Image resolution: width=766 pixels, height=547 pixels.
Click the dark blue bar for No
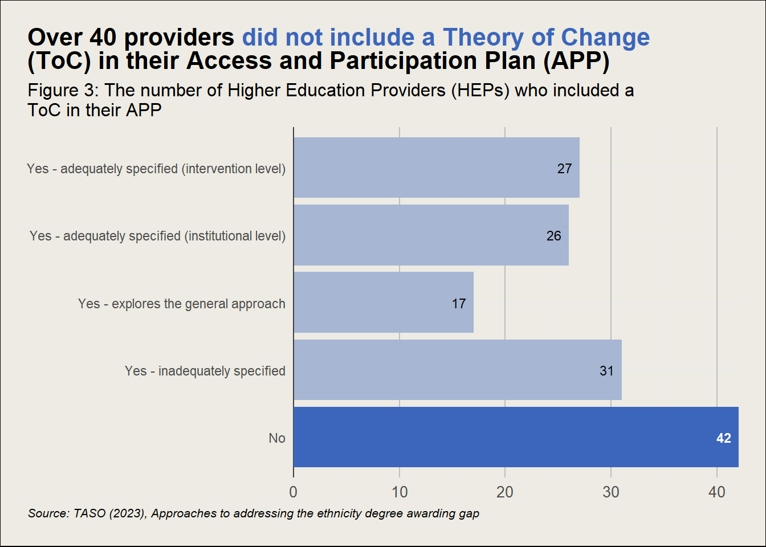pyautogui.click(x=516, y=437)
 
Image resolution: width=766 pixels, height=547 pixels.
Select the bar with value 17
pyautogui.click(x=383, y=303)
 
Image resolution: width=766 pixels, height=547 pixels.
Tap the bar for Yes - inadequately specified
pyautogui.click(x=457, y=370)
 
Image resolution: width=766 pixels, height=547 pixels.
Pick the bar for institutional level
pyautogui.click(x=431, y=235)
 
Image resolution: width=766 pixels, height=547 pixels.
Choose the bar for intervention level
pyautogui.click(x=436, y=168)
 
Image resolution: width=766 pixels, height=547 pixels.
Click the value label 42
pyautogui.click(x=723, y=438)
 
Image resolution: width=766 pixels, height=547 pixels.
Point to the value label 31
pyautogui.click(x=606, y=371)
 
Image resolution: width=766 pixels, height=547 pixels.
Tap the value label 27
pyautogui.click(x=564, y=169)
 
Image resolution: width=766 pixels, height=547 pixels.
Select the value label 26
pyautogui.click(x=553, y=236)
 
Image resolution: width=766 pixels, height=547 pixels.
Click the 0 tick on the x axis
pyautogui.click(x=294, y=492)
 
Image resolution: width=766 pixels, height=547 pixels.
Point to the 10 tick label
pyautogui.click(x=400, y=492)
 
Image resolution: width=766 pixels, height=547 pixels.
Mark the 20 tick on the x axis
pyautogui.click(x=505, y=492)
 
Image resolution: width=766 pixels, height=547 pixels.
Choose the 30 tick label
pyautogui.click(x=611, y=492)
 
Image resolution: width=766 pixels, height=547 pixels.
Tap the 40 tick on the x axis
pyautogui.click(x=716, y=492)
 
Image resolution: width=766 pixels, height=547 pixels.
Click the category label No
pyautogui.click(x=277, y=438)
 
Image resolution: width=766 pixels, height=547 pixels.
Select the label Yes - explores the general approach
pyautogui.click(x=181, y=304)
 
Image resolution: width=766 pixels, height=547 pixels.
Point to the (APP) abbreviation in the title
pyautogui.click(x=576, y=61)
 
